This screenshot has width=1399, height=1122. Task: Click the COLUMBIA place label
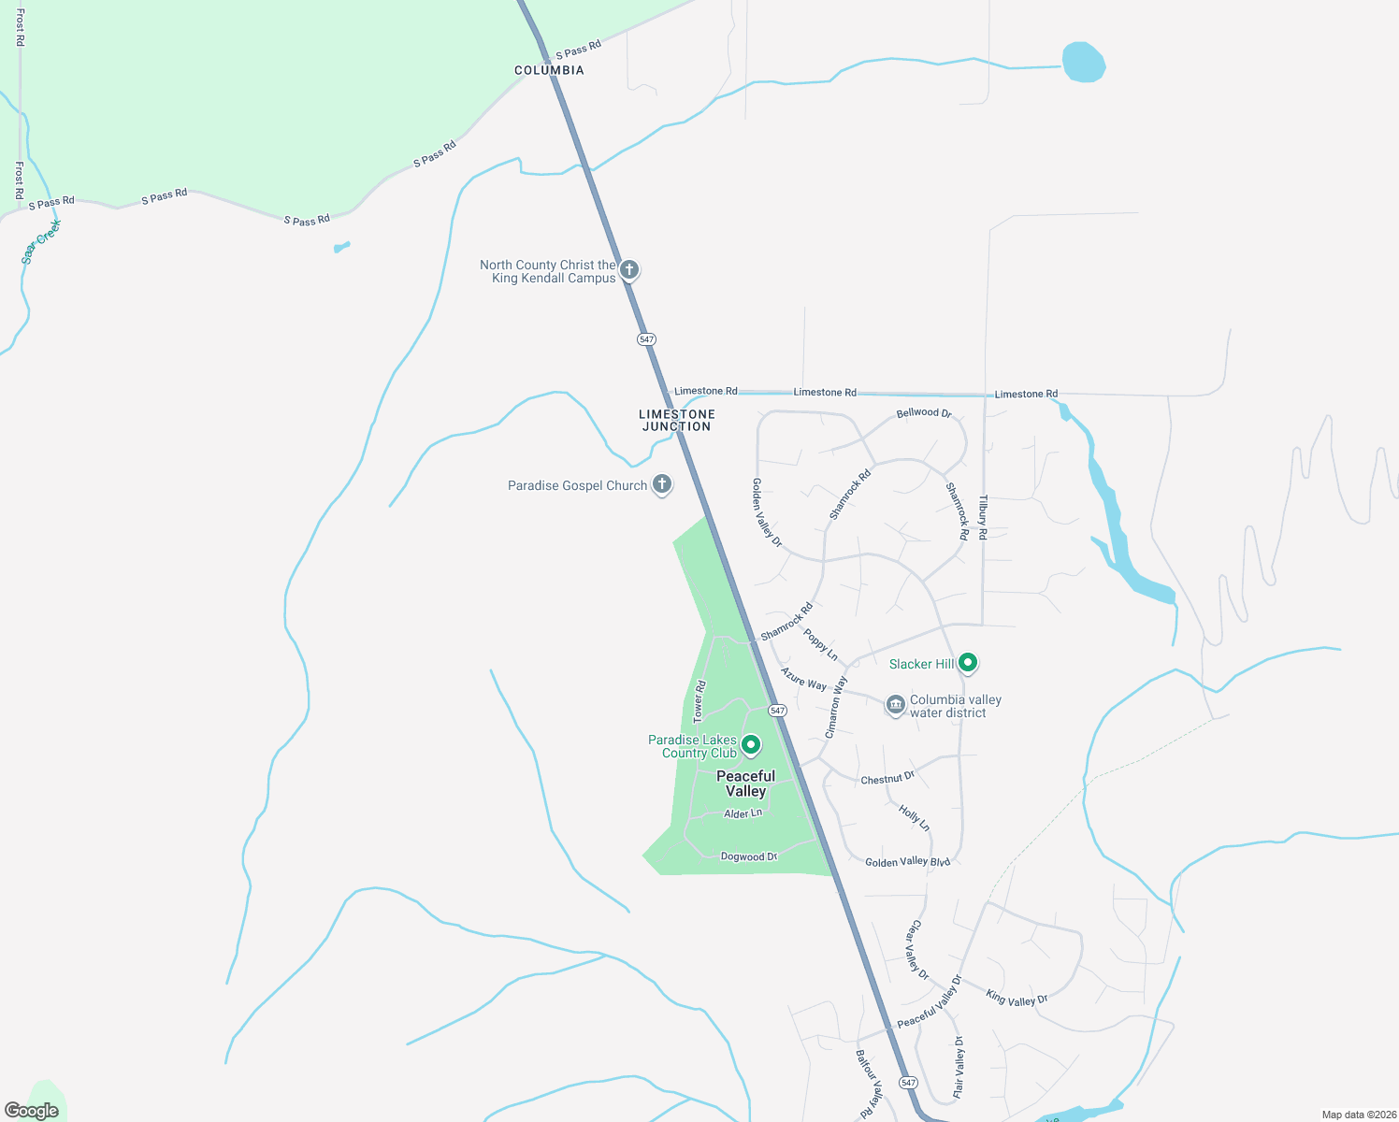tap(549, 70)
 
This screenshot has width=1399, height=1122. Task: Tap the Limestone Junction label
tap(676, 420)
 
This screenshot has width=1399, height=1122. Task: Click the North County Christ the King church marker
tap(629, 270)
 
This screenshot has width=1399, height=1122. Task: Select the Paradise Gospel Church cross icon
tap(662, 484)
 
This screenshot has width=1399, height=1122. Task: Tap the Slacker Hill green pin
tap(969, 663)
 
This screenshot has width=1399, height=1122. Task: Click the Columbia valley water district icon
tap(895, 705)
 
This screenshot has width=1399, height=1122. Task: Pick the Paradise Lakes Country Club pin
tap(750, 745)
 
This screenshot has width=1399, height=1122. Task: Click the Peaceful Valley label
tap(745, 784)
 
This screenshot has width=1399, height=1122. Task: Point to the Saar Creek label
tap(41, 242)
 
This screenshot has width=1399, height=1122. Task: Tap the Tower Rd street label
tap(699, 701)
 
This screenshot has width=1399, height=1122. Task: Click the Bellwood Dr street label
tap(923, 412)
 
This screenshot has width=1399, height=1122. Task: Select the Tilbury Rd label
tap(983, 518)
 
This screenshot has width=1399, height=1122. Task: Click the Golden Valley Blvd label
tap(907, 862)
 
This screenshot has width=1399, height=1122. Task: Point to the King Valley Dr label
tap(1017, 998)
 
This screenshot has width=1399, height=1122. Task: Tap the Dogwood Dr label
tap(749, 856)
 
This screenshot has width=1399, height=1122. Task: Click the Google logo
tap(32, 1111)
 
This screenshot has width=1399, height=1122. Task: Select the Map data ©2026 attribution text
tap(1357, 1115)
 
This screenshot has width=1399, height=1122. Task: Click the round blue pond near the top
tap(1084, 63)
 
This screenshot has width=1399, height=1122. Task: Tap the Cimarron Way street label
tap(836, 707)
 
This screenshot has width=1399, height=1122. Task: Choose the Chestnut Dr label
tap(887, 778)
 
